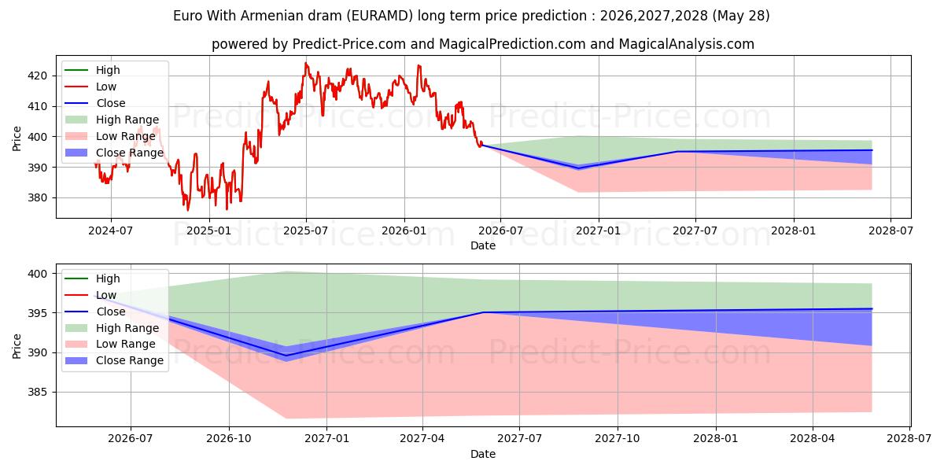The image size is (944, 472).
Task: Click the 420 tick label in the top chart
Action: click(x=37, y=76)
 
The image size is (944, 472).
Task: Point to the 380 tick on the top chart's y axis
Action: click(x=37, y=197)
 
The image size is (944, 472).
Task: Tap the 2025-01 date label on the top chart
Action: click(x=208, y=231)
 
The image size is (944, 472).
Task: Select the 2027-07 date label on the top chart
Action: click(x=695, y=231)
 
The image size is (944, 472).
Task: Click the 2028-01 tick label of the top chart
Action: click(x=793, y=231)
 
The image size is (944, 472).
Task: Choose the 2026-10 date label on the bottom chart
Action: click(x=229, y=439)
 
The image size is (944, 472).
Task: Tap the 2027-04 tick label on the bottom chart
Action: click(x=422, y=439)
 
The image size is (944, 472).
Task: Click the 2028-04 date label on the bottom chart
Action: click(x=812, y=439)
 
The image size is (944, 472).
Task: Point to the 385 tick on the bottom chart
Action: click(x=37, y=393)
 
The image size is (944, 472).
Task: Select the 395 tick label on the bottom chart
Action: click(x=37, y=313)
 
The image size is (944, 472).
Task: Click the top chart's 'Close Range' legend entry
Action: click(x=114, y=153)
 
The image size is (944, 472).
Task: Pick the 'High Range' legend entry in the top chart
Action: click(x=112, y=120)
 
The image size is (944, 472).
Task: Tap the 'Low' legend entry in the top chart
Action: click(x=90, y=87)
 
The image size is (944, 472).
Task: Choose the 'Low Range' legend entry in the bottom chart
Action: click(x=110, y=344)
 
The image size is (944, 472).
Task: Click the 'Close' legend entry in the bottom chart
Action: click(x=95, y=312)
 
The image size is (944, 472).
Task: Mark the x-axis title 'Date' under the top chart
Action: click(x=483, y=245)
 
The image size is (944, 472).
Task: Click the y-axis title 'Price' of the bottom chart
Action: click(x=17, y=346)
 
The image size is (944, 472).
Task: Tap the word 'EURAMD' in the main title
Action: click(x=382, y=16)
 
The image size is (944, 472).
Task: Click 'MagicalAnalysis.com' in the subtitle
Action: click(x=687, y=44)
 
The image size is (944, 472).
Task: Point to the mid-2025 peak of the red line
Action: click(x=306, y=63)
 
